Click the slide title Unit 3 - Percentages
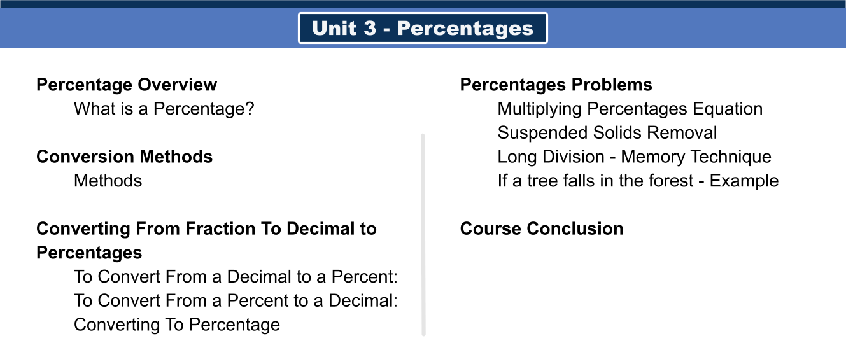423,29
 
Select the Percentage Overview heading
127,85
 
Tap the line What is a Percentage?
164,109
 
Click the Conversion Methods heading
124,157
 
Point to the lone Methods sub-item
108,181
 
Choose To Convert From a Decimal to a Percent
236,277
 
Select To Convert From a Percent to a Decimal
236,300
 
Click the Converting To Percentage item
177,325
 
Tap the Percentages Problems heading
556,85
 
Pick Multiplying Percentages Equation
630,109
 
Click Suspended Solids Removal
607,133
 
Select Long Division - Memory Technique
634,157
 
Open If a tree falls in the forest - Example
638,181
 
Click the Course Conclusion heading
542,228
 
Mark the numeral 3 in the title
369,29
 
